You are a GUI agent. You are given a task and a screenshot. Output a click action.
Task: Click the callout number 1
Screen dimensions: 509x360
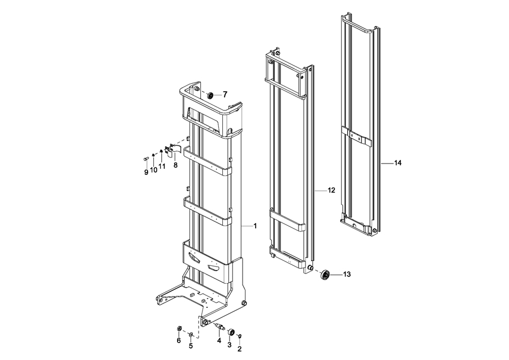click(255, 225)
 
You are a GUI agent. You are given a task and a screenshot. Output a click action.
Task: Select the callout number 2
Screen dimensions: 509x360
click(240, 349)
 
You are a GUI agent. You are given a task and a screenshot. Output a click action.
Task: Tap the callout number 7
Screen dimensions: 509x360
click(225, 95)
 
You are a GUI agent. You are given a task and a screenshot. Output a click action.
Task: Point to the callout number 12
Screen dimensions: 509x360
click(331, 190)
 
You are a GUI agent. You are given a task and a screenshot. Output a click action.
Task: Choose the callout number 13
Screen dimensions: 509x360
click(347, 275)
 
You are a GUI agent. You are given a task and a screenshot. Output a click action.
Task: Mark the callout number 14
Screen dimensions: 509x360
click(398, 163)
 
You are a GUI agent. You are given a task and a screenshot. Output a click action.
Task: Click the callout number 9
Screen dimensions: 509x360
click(146, 172)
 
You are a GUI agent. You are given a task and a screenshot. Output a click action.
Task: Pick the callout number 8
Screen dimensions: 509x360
click(176, 165)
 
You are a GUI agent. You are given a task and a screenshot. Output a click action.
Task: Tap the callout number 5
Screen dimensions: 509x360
click(191, 346)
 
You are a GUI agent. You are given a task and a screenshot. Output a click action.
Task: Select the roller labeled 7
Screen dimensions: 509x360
click(210, 96)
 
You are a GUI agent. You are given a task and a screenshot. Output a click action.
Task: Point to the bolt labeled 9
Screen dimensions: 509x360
click(145, 158)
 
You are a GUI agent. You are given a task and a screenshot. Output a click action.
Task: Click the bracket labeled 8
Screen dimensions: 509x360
click(172, 150)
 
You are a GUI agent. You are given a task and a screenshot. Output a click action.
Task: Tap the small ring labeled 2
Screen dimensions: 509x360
click(240, 336)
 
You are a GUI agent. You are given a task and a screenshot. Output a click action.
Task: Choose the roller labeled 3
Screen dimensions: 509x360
click(231, 332)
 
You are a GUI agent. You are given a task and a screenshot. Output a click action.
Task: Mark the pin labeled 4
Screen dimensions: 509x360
click(220, 326)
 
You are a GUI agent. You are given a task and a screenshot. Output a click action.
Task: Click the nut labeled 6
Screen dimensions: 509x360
click(179, 329)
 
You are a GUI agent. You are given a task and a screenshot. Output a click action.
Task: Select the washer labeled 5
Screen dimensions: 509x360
click(191, 334)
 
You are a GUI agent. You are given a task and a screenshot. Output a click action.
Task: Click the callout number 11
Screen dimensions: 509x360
click(162, 166)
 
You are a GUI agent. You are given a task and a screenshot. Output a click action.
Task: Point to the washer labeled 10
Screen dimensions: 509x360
click(153, 155)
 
